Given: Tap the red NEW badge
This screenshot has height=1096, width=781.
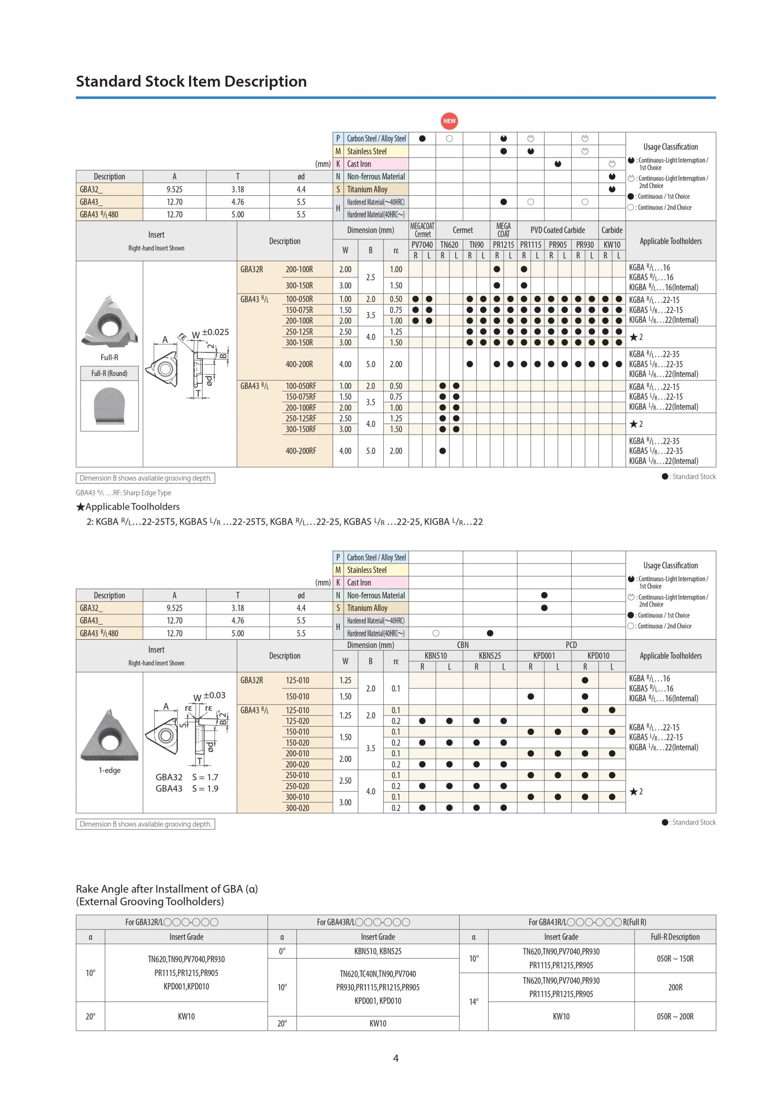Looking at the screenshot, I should point(449,121).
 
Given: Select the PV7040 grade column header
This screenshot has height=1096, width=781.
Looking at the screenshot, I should point(422,245).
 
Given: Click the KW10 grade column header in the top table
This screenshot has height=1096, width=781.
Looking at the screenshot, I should point(612,245).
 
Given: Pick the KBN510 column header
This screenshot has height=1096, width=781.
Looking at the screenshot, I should point(435,655).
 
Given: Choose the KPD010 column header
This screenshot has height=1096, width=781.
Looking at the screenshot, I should point(598,655).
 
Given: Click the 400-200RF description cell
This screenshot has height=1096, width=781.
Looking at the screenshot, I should point(301,451).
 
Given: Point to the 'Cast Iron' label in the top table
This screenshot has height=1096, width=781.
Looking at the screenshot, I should point(359,164).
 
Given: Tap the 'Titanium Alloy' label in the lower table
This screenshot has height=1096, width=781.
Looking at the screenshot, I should point(367,608).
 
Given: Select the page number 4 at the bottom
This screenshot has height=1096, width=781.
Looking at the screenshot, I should point(396,1058).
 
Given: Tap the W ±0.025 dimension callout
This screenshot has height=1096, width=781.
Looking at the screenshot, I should point(210,333).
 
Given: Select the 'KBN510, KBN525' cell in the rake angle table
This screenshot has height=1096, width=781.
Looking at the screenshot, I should point(377,951).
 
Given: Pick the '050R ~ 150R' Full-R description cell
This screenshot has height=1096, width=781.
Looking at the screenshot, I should point(675,958).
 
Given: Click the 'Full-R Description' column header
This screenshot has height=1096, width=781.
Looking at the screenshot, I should point(675,937).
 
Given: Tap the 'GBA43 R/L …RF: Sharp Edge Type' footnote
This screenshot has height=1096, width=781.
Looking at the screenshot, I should point(123,493).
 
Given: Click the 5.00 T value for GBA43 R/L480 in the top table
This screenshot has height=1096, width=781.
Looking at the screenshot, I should point(238,214).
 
